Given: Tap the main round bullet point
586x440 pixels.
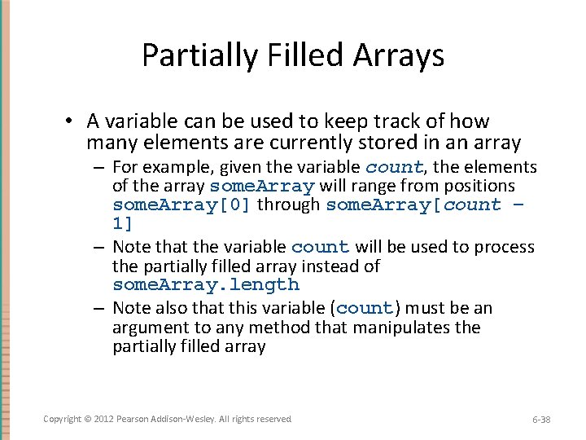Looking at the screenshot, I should click(x=71, y=121).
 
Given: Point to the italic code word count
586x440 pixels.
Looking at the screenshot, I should click(x=394, y=167).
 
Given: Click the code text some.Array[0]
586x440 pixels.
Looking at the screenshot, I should click(x=182, y=205).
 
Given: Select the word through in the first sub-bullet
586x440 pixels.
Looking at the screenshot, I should click(x=288, y=205).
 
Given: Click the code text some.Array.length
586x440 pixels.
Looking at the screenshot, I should click(x=206, y=285).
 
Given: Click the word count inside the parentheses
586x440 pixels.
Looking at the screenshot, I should click(x=365, y=309).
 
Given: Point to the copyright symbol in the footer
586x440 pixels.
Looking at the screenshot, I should click(x=87, y=419).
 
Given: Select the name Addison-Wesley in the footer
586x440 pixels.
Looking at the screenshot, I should click(x=184, y=419).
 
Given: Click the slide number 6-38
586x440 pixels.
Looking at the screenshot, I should click(x=541, y=420).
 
